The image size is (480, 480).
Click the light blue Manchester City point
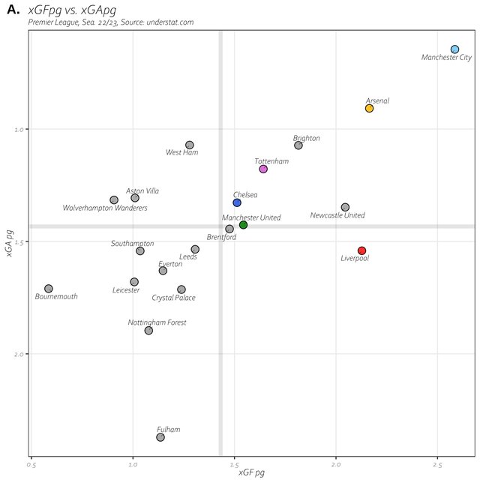point(454,49)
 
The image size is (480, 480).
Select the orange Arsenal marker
point(369,109)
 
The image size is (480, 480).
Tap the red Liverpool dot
point(361,250)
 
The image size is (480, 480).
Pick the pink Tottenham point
point(263,169)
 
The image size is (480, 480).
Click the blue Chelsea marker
point(237,202)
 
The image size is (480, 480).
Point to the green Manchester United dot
point(243,225)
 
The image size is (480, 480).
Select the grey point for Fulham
point(160,437)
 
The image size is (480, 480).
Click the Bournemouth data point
point(49,289)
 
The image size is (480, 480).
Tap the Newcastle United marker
point(345,207)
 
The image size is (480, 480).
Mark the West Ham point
point(190,145)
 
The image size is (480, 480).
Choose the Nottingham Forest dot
point(148,331)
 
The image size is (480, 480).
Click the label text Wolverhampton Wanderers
point(105,208)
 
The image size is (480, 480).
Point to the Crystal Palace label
point(173,298)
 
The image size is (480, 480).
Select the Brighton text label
point(307,138)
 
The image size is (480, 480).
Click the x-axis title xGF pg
point(251,472)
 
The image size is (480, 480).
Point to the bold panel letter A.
point(13,10)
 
